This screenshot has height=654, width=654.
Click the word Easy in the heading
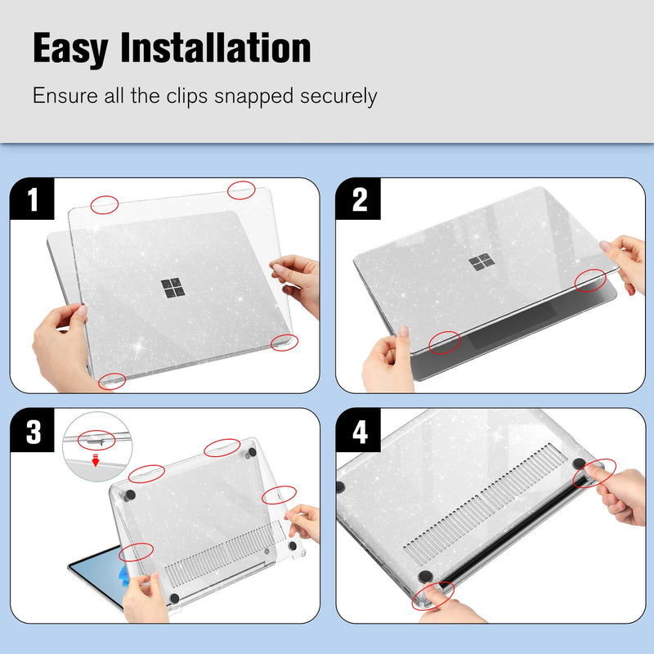point(70,49)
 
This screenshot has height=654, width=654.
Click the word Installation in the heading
point(216,47)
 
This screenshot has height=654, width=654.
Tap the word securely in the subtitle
point(338,96)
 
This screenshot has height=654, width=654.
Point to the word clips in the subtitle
point(187,96)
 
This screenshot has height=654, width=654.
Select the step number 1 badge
point(32,199)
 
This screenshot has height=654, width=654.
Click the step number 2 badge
point(358,199)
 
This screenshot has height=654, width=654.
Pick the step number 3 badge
point(32,430)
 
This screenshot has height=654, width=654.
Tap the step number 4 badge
point(358,430)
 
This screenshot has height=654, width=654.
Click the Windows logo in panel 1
point(172,289)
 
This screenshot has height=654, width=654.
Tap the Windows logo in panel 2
point(482,262)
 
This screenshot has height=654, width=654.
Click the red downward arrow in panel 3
point(96,460)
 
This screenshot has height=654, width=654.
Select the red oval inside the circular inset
point(96,440)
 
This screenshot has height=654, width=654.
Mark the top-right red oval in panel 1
point(241,190)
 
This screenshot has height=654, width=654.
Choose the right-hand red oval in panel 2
point(590,280)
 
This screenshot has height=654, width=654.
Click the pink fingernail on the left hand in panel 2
point(403,331)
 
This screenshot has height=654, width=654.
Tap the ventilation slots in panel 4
point(484,504)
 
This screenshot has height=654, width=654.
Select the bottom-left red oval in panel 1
point(112,381)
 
